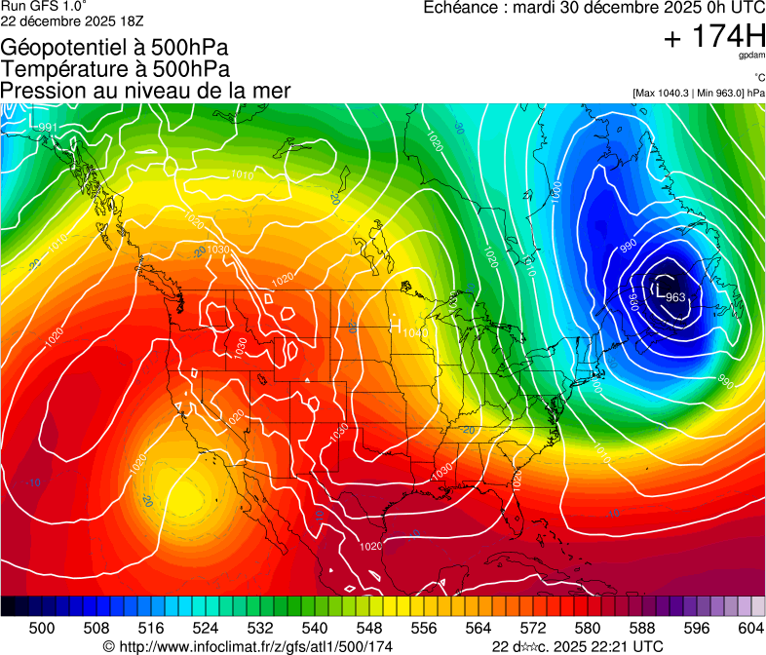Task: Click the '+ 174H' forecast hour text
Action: click(714, 38)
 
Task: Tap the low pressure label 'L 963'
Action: click(670, 292)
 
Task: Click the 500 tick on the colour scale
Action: click(41, 627)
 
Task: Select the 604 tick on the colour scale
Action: click(750, 627)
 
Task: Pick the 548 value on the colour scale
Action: click(368, 627)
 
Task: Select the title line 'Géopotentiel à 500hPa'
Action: click(115, 48)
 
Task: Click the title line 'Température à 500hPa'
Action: click(115, 69)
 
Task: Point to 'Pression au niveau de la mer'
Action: click(145, 91)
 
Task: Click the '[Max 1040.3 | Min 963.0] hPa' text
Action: click(699, 94)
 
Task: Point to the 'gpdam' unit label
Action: click(752, 56)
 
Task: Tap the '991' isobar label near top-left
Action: click(47, 128)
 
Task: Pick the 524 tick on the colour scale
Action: click(205, 627)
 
